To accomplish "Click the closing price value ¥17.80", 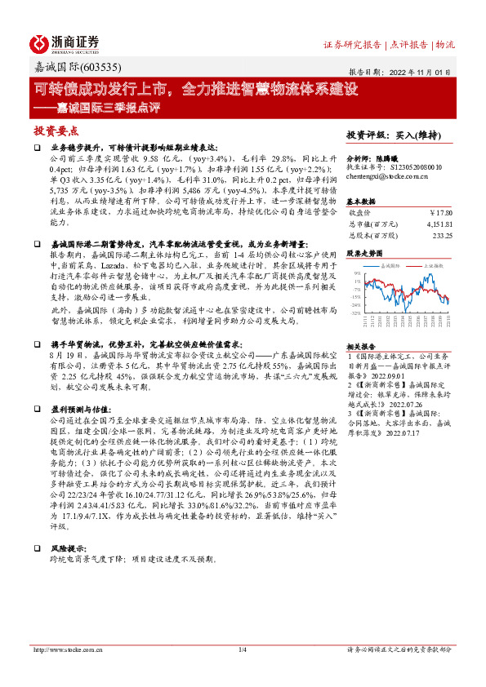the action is [x=441, y=213].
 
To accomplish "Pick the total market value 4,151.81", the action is [x=436, y=223].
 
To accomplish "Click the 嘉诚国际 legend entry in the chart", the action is [x=387, y=267].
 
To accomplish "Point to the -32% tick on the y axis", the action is [x=356, y=312].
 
